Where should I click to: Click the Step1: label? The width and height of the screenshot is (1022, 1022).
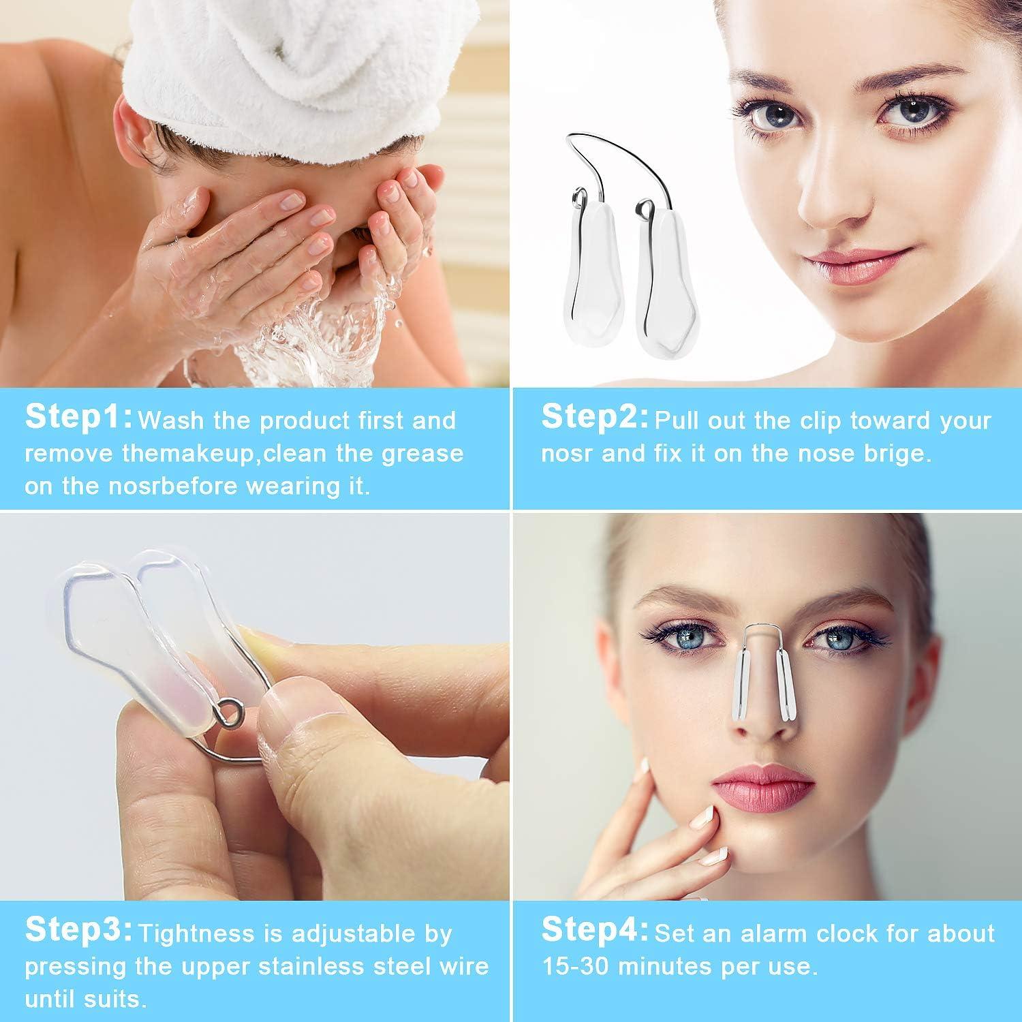[x=78, y=418]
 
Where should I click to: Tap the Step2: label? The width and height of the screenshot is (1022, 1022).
[x=594, y=418]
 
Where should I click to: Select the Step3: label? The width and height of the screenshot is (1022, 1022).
[x=78, y=930]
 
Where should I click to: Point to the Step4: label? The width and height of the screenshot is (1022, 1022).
[x=594, y=930]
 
